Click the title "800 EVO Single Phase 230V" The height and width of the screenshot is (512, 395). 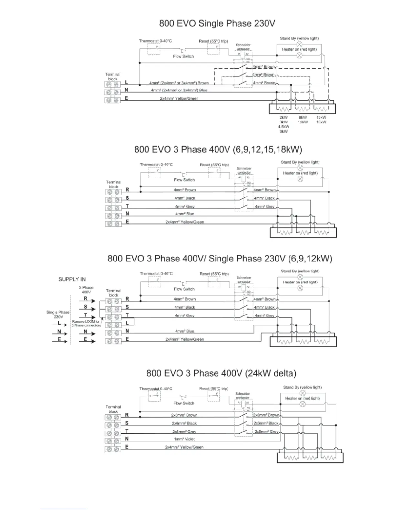[217, 24]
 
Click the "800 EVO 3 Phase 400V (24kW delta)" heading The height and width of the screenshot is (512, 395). [221, 373]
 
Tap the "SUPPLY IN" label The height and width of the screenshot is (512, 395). [72, 279]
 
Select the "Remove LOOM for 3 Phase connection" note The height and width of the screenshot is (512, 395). [86, 324]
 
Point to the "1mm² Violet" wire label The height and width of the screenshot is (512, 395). [185, 439]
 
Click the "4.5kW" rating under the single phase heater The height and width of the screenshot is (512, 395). [283, 127]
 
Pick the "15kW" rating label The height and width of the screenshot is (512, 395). [321, 118]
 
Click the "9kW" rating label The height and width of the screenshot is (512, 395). [303, 118]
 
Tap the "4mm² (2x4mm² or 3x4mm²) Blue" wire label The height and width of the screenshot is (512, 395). [179, 91]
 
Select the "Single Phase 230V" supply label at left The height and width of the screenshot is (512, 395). [58, 315]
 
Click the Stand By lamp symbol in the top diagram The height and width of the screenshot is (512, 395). [299, 44]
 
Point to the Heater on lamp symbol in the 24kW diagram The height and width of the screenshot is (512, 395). [302, 404]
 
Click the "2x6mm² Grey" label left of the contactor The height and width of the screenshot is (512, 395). [184, 432]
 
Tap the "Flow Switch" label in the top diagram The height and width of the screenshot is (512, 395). [183, 56]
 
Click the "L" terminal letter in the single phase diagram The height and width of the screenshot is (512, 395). [127, 83]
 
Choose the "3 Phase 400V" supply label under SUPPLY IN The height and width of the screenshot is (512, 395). [86, 290]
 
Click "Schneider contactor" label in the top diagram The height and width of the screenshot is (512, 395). [243, 47]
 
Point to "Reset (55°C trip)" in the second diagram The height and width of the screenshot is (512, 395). [214, 165]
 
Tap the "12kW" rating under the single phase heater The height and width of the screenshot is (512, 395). [303, 122]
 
